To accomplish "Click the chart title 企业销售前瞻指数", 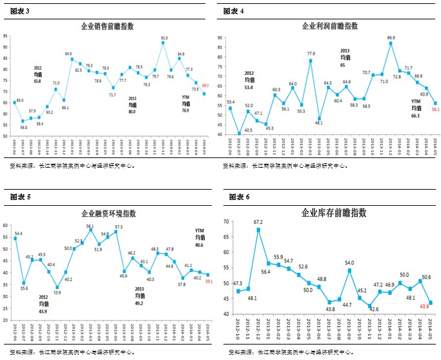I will [107, 26].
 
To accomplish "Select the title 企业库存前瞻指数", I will [334, 212].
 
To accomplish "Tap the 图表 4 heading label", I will [233, 11].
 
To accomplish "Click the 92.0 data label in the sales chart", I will [164, 38].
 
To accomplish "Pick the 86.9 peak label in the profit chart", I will [391, 38].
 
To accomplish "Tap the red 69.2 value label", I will [206, 86].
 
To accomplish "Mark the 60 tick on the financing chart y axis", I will [5, 225].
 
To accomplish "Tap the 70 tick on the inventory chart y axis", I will [226, 222].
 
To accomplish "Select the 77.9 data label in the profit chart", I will [311, 54].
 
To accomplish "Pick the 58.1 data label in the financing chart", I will [90, 226].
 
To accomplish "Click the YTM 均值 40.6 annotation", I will [199, 236].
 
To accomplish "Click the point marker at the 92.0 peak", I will [163, 43].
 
